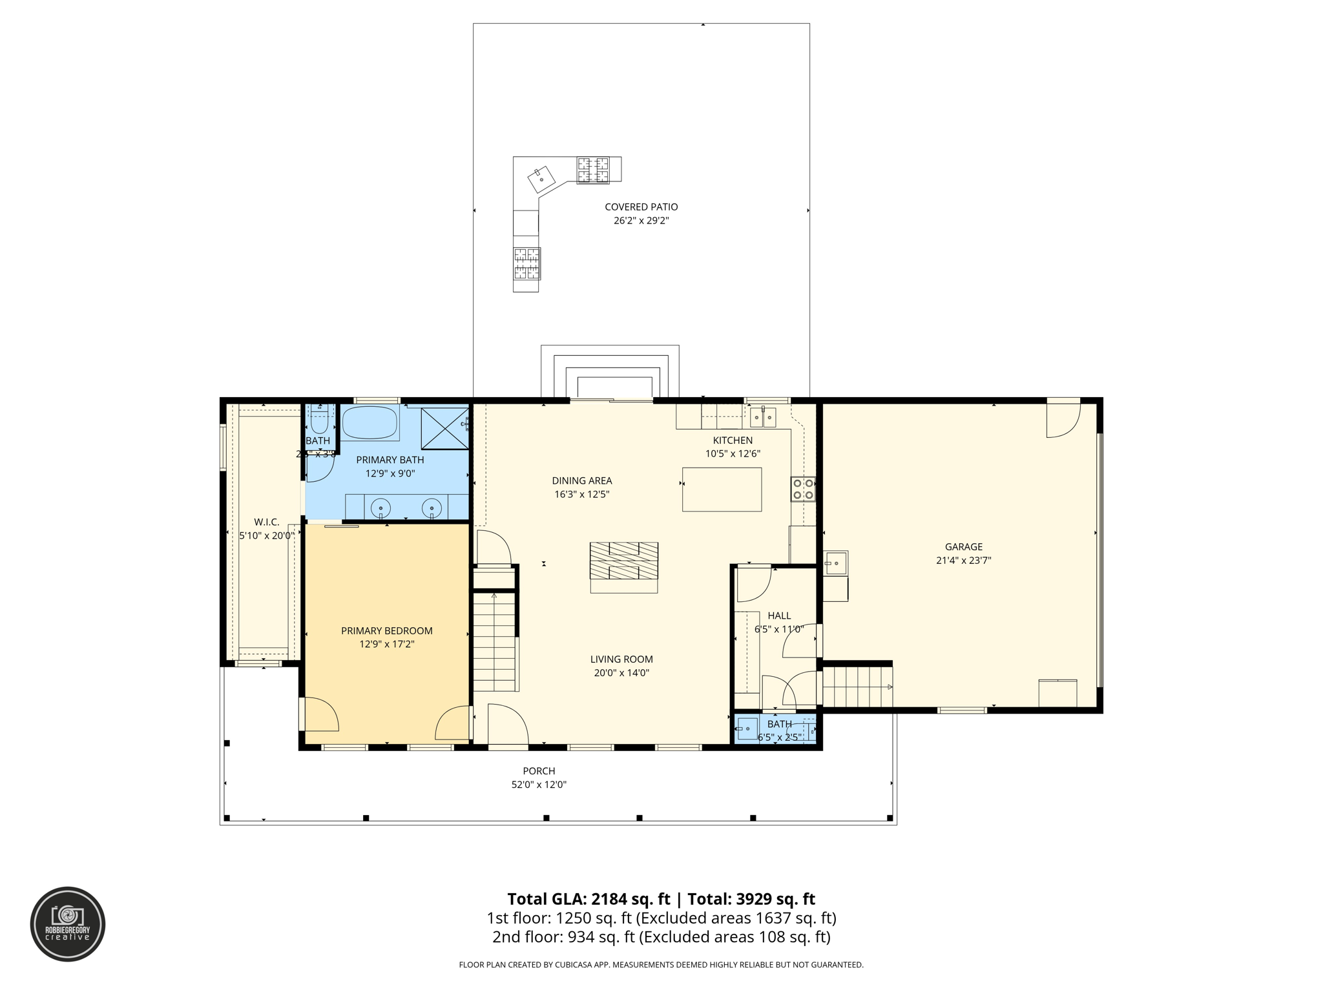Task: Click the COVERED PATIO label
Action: tap(641, 207)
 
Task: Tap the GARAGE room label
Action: tap(963, 547)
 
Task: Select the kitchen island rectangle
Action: tap(722, 490)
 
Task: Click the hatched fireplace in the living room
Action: tap(623, 561)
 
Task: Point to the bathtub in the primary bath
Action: tap(369, 423)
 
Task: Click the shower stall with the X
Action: tap(444, 428)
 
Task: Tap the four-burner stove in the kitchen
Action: tap(803, 489)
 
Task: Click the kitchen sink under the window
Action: tap(762, 418)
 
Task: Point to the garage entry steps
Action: tap(857, 687)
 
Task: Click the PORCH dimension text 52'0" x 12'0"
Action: tap(539, 785)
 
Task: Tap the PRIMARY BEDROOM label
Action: tap(386, 631)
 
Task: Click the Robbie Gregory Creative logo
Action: tap(68, 924)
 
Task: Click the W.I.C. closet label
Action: tap(266, 522)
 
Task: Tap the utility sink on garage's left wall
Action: tap(835, 563)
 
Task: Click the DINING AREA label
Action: tap(581, 480)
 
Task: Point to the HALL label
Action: tap(779, 615)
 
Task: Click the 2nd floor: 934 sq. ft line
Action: tap(661, 937)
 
